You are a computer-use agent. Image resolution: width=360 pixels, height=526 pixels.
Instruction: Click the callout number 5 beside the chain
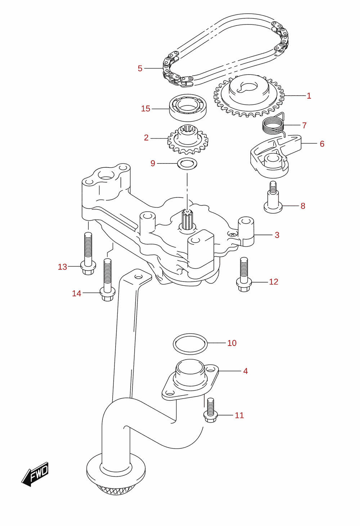(140, 68)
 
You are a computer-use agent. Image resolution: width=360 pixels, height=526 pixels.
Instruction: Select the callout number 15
(145, 108)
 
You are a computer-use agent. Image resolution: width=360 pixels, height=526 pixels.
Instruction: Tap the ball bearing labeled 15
(188, 108)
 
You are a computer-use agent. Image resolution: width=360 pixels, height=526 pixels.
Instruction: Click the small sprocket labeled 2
(188, 139)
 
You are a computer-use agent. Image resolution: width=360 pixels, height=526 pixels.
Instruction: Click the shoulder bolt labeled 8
(273, 197)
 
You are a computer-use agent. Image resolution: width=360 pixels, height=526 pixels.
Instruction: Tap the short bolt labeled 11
(211, 410)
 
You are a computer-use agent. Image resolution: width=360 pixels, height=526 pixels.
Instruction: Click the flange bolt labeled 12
(244, 274)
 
